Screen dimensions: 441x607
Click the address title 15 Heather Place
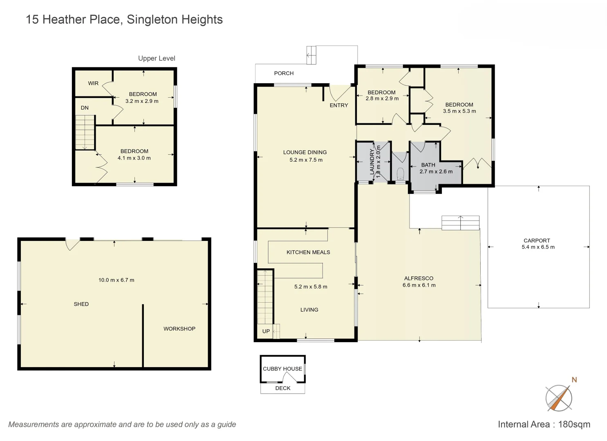coord(124,20)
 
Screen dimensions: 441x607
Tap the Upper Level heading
coord(157,58)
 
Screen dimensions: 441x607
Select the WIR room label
coord(93,83)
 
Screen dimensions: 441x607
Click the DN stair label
coord(85,108)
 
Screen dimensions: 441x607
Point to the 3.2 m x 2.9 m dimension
coord(142,101)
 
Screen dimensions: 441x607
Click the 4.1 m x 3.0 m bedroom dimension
coord(134,158)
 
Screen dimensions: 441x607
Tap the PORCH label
coord(284,73)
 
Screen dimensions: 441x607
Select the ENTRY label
coord(339,105)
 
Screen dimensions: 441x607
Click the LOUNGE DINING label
coord(305,152)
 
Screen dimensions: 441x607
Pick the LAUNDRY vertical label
coord(372,162)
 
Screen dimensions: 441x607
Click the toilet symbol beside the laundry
coord(400,173)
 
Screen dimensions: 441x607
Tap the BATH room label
coord(428,165)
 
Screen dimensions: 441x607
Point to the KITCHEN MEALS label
coord(308,252)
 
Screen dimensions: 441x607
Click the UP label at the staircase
coord(266,331)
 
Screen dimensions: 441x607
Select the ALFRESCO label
coord(419,278)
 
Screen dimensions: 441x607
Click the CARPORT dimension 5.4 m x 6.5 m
coord(538,247)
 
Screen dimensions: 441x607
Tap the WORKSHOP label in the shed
coord(179,329)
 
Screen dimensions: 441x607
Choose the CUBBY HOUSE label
coord(282,369)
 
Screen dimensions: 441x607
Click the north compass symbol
coord(559,397)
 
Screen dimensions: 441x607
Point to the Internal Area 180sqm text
coord(544,424)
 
